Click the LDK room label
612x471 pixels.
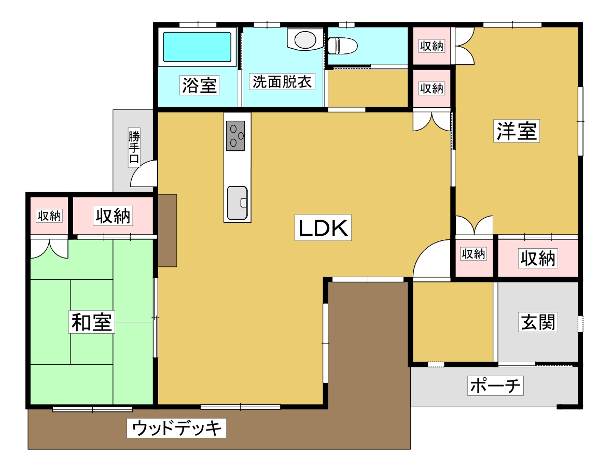(323, 227)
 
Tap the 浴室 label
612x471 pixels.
(199, 85)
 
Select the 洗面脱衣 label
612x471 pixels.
(282, 82)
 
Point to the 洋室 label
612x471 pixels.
(517, 131)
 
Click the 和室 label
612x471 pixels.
(92, 322)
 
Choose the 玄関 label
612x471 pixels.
(538, 322)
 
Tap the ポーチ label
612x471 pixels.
(495, 386)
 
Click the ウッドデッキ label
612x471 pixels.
(176, 428)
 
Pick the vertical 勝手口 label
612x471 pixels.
(134, 147)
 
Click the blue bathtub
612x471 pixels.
(197, 47)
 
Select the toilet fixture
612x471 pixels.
(342, 46)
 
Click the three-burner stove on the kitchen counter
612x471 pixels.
(235, 136)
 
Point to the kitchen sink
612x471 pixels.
(238, 203)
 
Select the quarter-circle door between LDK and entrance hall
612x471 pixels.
(431, 259)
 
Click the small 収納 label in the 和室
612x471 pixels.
(49, 216)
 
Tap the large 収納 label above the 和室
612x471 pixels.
(113, 216)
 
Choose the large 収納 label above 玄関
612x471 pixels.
(538, 258)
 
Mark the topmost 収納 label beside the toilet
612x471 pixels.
(432, 46)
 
